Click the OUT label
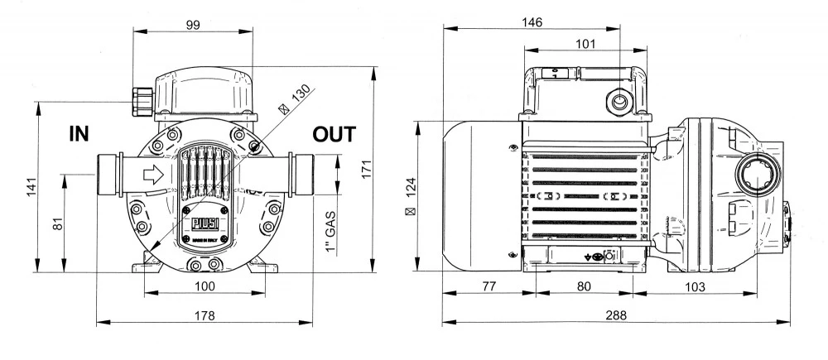tap(335, 135)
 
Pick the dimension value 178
tap(205, 315)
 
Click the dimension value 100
tap(205, 286)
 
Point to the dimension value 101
tap(584, 45)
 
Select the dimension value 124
tap(410, 195)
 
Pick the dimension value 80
tap(584, 286)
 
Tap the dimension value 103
tap(694, 286)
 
